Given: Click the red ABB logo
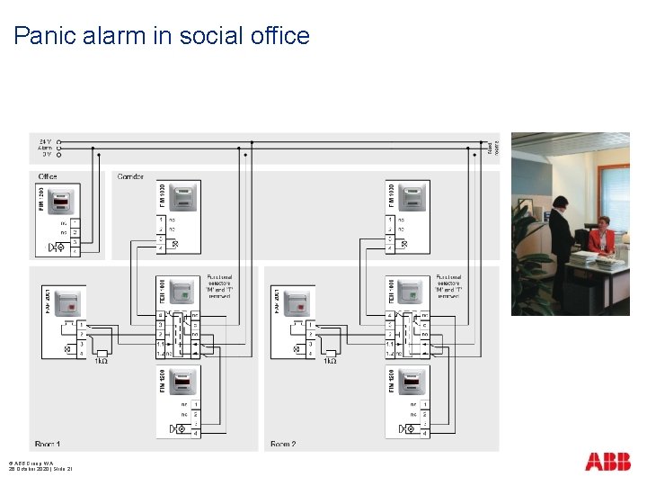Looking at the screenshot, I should [x=607, y=462].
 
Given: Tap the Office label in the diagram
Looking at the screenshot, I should [x=48, y=176].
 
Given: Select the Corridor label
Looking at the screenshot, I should [x=130, y=176].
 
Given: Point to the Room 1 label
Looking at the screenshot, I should [x=48, y=444].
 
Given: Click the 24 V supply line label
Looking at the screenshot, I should [x=45, y=141].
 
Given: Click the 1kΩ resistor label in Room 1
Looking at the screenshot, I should [x=101, y=361].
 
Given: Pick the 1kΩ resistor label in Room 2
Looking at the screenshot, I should [x=330, y=361].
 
